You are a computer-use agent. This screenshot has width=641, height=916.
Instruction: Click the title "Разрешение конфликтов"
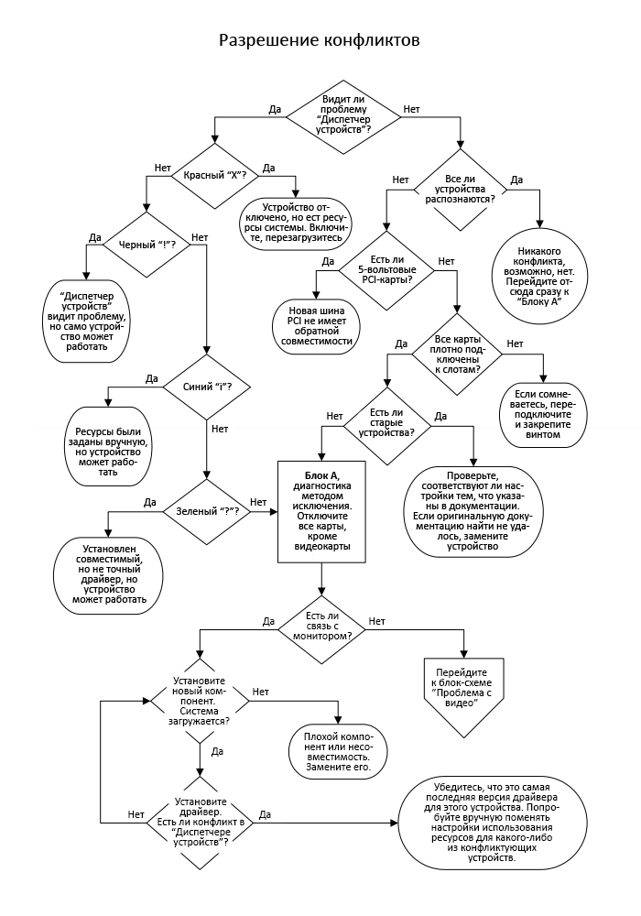pyautogui.click(x=320, y=41)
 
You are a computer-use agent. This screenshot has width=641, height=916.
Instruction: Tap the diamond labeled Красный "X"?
pyautogui.click(x=215, y=174)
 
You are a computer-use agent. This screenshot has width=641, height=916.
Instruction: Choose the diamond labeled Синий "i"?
pyautogui.click(x=207, y=386)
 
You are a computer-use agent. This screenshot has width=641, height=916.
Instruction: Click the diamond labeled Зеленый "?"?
pyautogui.click(x=207, y=509)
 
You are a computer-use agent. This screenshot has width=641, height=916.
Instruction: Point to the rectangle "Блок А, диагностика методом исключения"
pyautogui.click(x=321, y=511)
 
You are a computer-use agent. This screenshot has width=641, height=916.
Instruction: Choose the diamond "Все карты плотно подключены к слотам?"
pyautogui.click(x=455, y=354)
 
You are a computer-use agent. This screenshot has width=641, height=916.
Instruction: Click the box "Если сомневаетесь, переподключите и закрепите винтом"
pyautogui.click(x=544, y=414)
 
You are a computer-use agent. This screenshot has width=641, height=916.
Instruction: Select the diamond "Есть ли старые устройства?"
pyautogui.click(x=386, y=424)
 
